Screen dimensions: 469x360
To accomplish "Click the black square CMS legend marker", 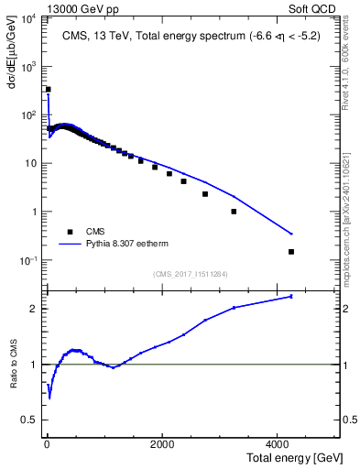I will [70, 233].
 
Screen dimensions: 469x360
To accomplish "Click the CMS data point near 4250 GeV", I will [291, 252].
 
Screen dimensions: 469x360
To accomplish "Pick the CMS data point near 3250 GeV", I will [234, 212].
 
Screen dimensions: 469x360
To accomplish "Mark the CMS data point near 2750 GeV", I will [205, 194].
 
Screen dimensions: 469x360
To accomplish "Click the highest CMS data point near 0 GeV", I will [48, 90].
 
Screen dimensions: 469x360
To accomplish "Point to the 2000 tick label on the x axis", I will [161, 445].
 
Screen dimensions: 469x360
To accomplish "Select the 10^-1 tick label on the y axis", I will [29, 261].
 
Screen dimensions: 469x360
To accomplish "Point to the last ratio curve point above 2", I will [291, 296].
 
